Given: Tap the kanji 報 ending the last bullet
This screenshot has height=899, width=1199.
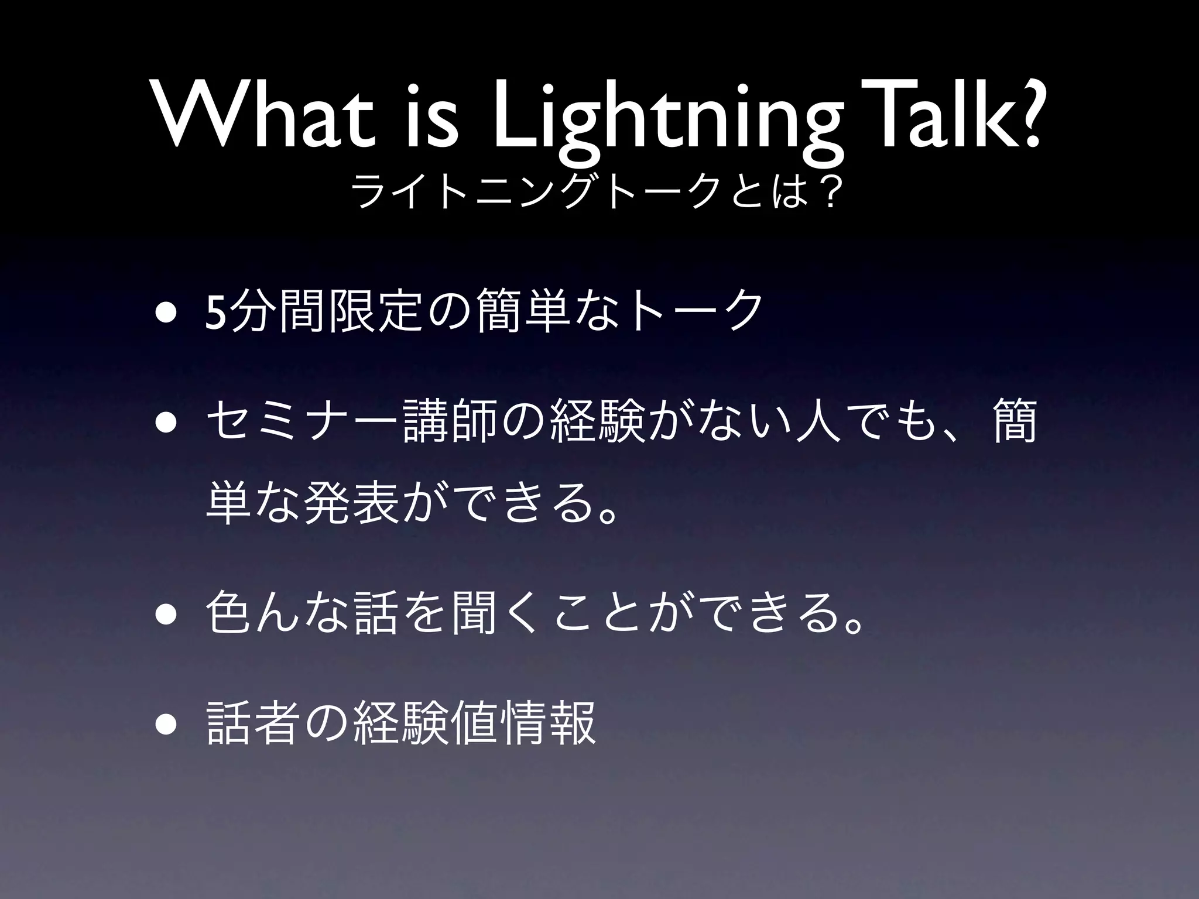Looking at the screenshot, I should click(x=573, y=724).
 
